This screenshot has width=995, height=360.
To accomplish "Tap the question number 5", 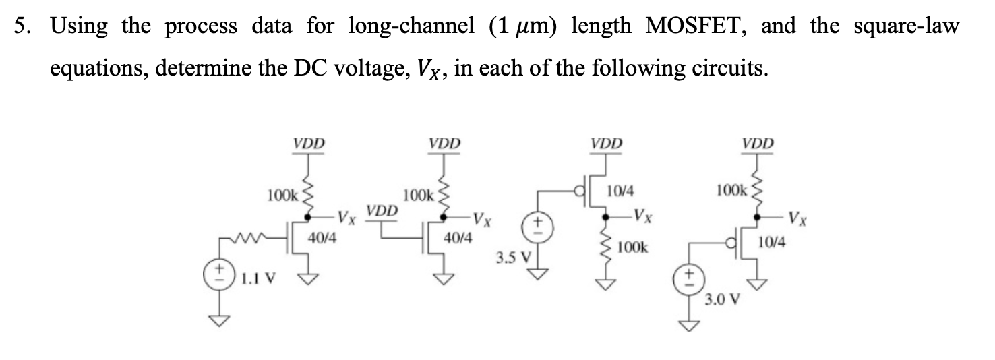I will [22, 27].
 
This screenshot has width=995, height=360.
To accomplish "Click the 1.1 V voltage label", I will [259, 277].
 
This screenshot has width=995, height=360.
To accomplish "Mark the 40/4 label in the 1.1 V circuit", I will [322, 237].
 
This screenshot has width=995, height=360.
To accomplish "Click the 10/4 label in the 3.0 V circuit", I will [771, 241].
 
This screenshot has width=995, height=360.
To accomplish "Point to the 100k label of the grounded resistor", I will [632, 247].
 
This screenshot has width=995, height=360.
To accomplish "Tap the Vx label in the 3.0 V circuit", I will [798, 218].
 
